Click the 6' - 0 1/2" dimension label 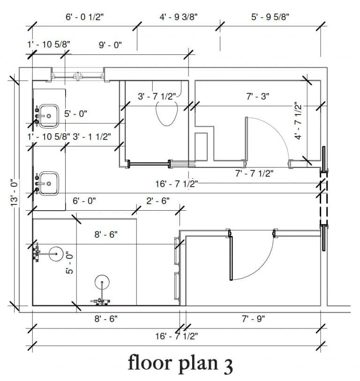click(85, 17)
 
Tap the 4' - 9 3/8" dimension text click(179, 17)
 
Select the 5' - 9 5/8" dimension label click(270, 17)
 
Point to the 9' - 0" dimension click(110, 45)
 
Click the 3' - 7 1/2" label click(157, 97)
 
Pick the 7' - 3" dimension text click(257, 97)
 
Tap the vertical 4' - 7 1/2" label click(298, 121)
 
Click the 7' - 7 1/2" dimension click(254, 174)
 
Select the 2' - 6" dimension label click(158, 201)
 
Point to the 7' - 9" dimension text click(253, 319)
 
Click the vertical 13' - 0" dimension click(15, 193)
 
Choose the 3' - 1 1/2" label click(92, 137)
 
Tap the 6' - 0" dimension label click(84, 201)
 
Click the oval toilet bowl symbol click(167, 114)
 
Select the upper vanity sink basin click(49, 116)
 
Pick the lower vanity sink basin click(49, 183)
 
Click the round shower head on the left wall click(56, 254)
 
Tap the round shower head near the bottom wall click(102, 282)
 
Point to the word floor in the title click(150, 362)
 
